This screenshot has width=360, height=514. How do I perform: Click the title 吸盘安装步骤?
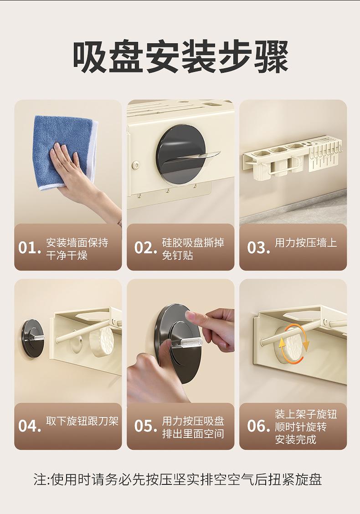pyautogui.click(x=180, y=56)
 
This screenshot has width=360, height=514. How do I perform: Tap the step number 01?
pyautogui.click(x=29, y=248)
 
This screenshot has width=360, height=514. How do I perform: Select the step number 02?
pyautogui.click(x=145, y=248)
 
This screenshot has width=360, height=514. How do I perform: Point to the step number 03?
pyautogui.click(x=258, y=248)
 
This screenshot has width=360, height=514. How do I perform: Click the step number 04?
pyautogui.click(x=30, y=426)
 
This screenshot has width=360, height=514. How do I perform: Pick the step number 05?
pyautogui.click(x=145, y=426)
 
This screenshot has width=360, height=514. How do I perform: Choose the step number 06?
pyautogui.click(x=258, y=426)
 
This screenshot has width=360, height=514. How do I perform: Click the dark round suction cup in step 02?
pyautogui.click(x=181, y=154)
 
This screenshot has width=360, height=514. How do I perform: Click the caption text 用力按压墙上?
pyautogui.click(x=306, y=243)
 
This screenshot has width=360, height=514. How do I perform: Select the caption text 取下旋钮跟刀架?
pyautogui.click(x=82, y=421)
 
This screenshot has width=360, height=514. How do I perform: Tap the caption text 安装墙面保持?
pyautogui.click(x=77, y=243)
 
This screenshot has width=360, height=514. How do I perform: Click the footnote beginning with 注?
pyautogui.click(x=178, y=479)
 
